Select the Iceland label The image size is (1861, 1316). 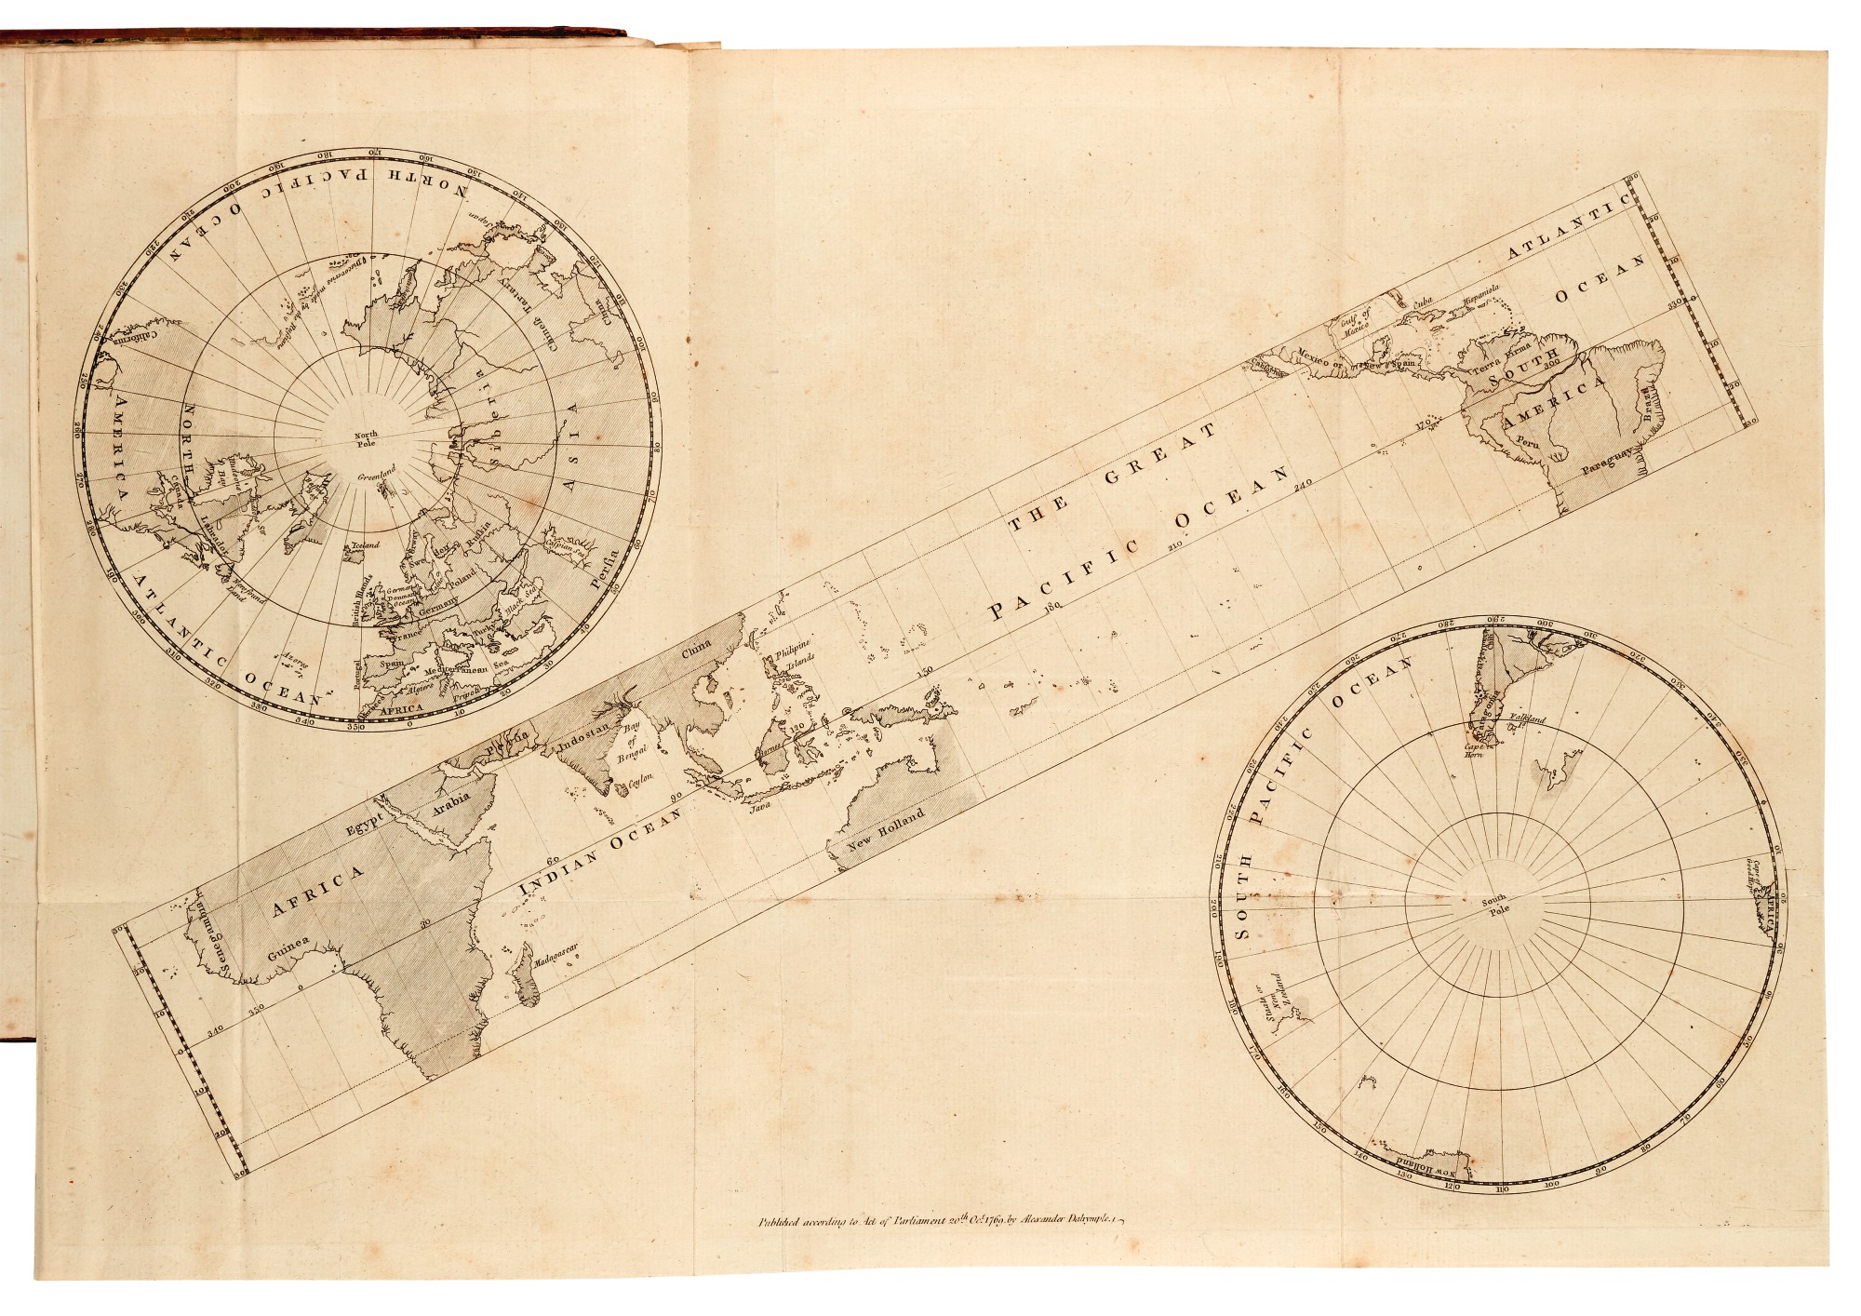coord(362,545)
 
